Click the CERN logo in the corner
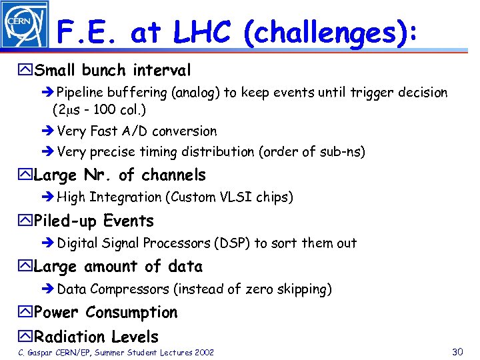[x=25, y=25]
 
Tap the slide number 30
[x=457, y=351]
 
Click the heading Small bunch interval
[x=112, y=70]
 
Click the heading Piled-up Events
[x=93, y=221]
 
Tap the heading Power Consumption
[x=105, y=313]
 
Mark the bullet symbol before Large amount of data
[x=27, y=267]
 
